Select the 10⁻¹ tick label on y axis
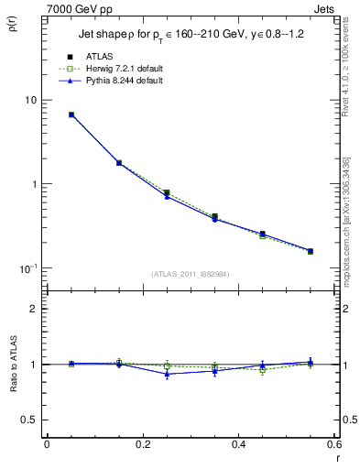[x=27, y=268]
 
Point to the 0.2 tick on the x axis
[x=142, y=445]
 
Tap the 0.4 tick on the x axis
[x=238, y=445]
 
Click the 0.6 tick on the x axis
[x=333, y=445]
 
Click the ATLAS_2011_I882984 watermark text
[x=191, y=274]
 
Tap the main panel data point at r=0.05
[x=71, y=115]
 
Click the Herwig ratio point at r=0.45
[x=263, y=370]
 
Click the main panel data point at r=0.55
[x=311, y=251]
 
